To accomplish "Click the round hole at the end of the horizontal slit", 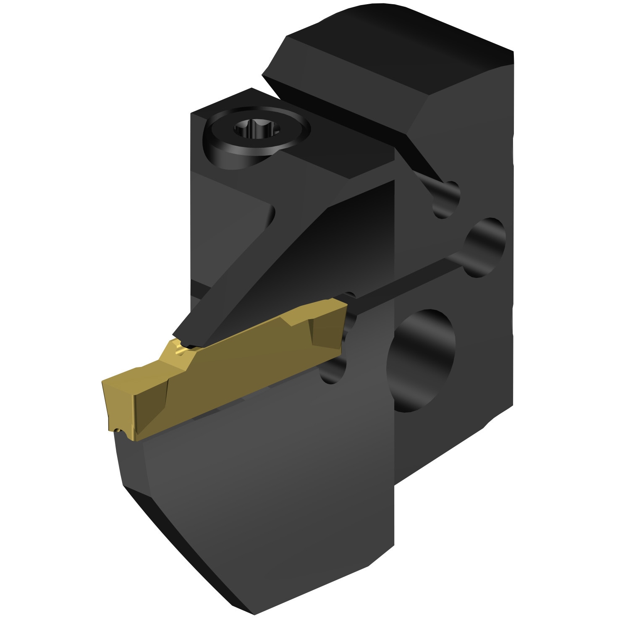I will coord(485,247).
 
